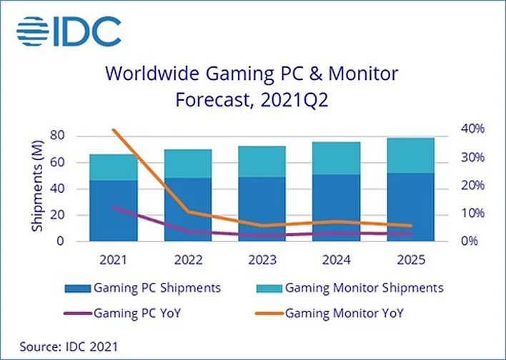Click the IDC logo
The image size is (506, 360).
(x=68, y=32)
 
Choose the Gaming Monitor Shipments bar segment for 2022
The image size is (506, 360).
(x=188, y=164)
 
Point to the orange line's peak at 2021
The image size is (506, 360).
(x=114, y=130)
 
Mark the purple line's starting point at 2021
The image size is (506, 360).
(x=114, y=208)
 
